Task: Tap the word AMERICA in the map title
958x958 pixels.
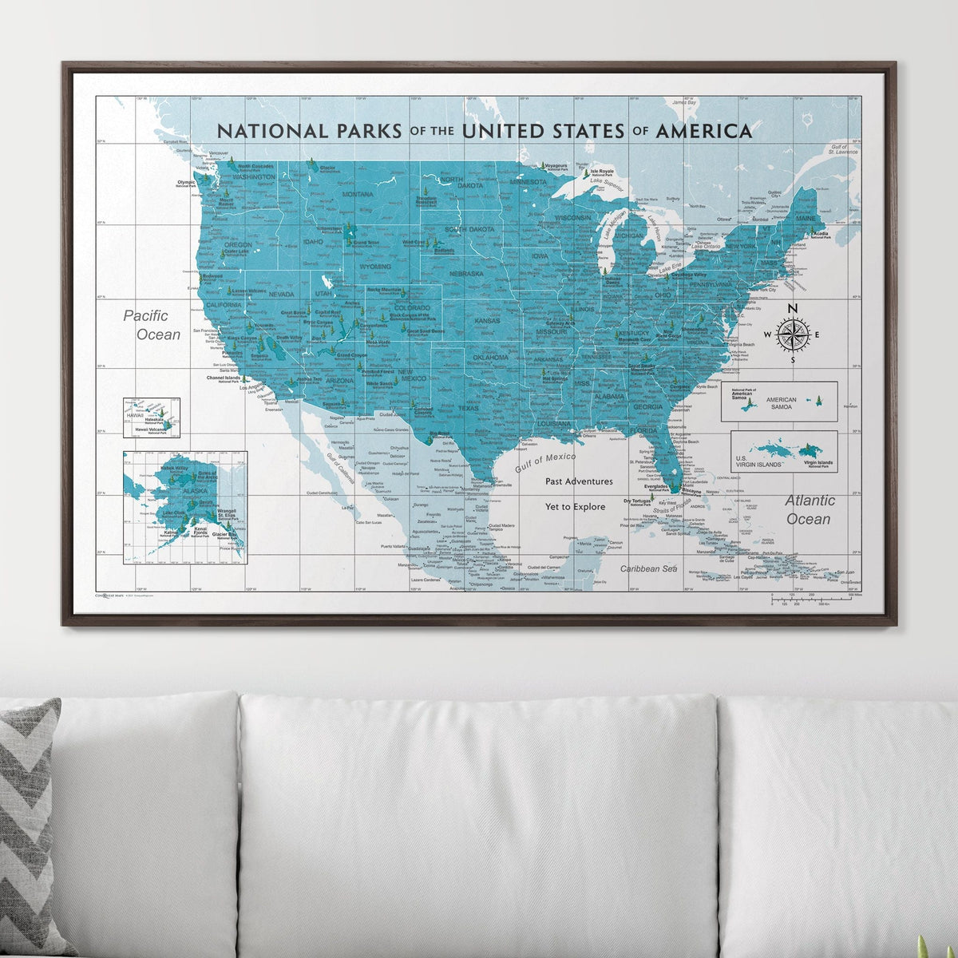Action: (703, 131)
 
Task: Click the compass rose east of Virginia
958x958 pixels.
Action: (792, 335)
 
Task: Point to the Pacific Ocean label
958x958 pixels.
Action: (152, 325)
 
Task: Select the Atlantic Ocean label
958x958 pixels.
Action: (809, 509)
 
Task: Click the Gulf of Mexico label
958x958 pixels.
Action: (545, 461)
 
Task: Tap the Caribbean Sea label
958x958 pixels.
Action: (649, 568)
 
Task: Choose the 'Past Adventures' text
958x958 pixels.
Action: (579, 481)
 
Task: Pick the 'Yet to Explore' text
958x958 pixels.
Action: (575, 507)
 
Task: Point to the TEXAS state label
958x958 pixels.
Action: (469, 408)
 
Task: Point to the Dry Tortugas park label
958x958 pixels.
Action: (638, 503)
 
